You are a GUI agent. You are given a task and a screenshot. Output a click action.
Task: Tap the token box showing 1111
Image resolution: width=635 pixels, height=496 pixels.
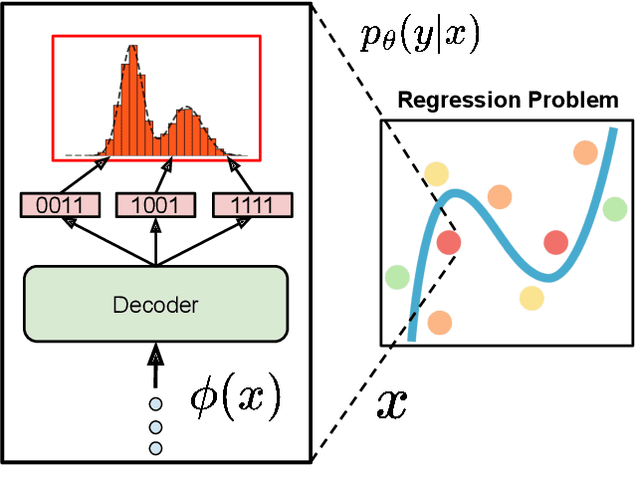pyautogui.click(x=254, y=205)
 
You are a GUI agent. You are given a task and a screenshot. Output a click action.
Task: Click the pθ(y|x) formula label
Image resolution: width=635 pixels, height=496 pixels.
pyautogui.click(x=419, y=36)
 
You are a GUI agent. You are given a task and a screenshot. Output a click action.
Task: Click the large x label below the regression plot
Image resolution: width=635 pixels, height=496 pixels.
pyautogui.click(x=392, y=403)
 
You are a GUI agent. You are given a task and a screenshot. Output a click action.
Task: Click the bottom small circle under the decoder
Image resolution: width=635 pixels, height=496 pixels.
pyautogui.click(x=155, y=448)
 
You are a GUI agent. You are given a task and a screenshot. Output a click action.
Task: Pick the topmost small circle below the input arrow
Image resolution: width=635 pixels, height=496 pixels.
pyautogui.click(x=155, y=404)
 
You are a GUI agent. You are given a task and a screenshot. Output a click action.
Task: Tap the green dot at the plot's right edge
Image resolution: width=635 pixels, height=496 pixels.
pyautogui.click(x=614, y=209)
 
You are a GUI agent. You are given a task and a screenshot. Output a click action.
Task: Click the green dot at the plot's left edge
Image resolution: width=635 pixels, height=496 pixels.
pyautogui.click(x=397, y=276)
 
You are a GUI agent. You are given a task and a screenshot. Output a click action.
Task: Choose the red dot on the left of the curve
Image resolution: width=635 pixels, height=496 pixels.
pyautogui.click(x=449, y=242)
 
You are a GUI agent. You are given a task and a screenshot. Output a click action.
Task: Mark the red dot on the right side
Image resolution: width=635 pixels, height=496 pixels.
pyautogui.click(x=554, y=242)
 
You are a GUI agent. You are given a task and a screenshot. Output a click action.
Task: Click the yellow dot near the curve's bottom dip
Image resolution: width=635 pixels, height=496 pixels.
pyautogui.click(x=531, y=297)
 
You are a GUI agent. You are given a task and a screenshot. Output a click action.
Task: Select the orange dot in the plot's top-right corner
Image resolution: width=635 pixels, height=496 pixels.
pyautogui.click(x=585, y=152)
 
